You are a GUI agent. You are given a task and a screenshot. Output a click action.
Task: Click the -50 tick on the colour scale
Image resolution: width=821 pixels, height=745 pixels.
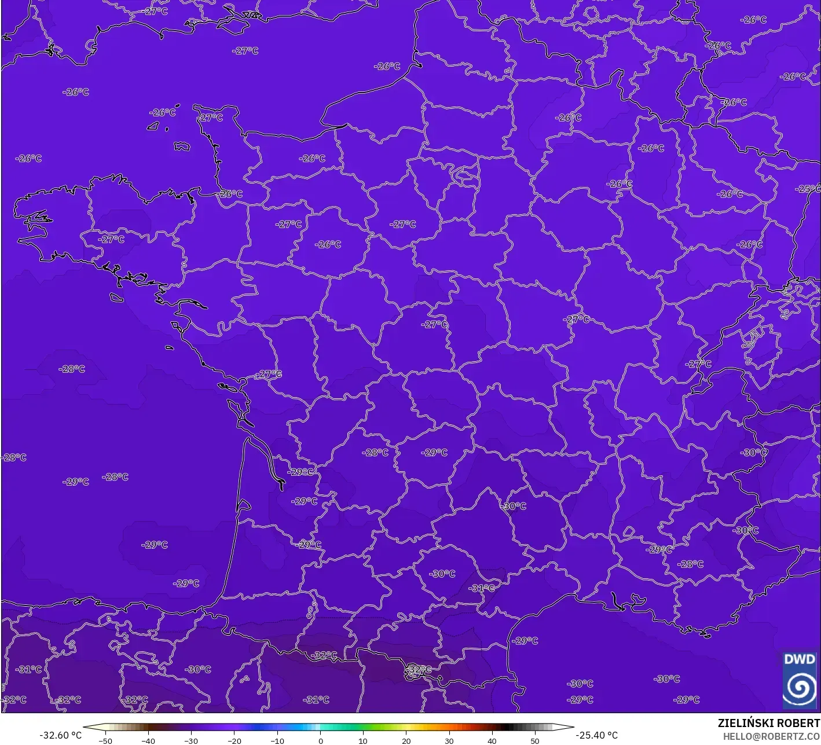pos(105,740)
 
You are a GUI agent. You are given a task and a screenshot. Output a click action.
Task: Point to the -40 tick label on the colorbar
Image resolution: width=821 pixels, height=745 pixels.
pos(148,740)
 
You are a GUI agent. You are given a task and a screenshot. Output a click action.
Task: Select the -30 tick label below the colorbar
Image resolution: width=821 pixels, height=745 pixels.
pos(191,740)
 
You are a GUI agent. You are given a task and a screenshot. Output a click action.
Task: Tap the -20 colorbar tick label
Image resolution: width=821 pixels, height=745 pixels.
pos(234,740)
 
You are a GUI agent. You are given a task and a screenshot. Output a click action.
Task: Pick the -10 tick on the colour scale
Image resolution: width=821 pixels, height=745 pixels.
pos(277,740)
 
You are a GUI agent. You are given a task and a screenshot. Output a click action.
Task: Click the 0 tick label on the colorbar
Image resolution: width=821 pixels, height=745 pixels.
pos(320,740)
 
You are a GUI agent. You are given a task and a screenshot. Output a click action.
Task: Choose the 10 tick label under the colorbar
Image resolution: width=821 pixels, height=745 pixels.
pos(363,740)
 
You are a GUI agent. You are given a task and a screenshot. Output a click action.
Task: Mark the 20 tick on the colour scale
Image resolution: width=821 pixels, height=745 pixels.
pos(406,740)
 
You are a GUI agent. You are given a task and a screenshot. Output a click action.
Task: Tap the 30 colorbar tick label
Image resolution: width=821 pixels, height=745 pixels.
pos(449,740)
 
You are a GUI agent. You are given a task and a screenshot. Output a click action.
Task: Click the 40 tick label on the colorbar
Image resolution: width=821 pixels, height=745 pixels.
pos(492,740)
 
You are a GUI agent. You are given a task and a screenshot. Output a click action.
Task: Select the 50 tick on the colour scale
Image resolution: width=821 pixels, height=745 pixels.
pos(534,740)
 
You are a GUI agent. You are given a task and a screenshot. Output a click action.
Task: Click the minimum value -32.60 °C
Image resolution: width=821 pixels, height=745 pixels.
pos(60,735)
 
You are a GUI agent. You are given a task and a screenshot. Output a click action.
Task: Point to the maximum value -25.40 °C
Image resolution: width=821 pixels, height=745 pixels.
pos(597,735)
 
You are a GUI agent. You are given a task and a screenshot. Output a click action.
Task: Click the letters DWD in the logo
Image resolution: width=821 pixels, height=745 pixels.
pos(799,659)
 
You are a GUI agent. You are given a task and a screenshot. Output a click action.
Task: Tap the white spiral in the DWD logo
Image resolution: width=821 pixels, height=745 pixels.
pos(800,688)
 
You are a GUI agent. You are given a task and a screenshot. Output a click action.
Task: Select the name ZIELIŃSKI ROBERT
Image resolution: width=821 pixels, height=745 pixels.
pos(768,723)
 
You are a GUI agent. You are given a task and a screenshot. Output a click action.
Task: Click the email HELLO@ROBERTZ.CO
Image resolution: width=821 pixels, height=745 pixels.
pos(771,736)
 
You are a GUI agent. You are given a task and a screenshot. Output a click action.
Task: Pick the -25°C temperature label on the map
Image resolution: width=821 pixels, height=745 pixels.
pos(808,189)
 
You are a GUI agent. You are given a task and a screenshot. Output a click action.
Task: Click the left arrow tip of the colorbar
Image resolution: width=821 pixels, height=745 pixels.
pos(85,727)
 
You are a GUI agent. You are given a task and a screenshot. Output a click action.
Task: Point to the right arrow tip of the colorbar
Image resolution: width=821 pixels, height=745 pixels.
pos(573,727)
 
